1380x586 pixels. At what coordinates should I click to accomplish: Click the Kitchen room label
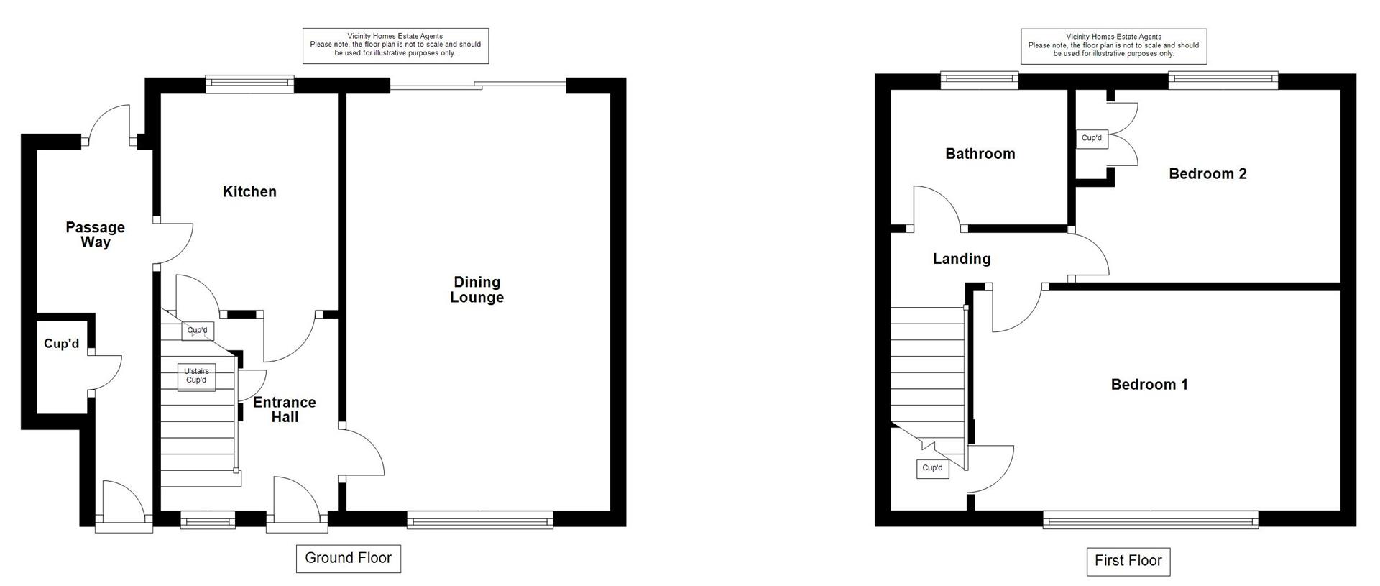249,191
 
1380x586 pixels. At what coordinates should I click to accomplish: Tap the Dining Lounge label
477,290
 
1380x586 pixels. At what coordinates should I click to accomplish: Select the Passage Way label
95,234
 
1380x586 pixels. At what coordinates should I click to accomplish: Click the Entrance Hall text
285,409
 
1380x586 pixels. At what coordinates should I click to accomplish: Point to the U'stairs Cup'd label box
196,376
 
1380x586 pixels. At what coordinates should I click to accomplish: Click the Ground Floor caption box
348,558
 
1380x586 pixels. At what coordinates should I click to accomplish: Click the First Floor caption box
1128,561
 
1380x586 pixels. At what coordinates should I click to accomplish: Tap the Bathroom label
980,153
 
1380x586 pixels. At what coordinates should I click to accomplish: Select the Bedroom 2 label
1207,173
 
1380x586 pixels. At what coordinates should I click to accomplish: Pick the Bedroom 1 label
1149,384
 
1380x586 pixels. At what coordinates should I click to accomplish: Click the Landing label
962,259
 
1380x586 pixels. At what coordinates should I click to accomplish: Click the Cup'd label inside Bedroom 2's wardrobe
1091,138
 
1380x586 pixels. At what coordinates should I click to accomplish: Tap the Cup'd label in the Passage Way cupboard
61,344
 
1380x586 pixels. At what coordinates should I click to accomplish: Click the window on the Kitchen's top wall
249,85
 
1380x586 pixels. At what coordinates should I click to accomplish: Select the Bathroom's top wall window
980,81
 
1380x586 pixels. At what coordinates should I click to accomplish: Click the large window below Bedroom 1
1150,519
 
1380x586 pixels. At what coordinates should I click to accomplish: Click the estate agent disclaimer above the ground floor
395,45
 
